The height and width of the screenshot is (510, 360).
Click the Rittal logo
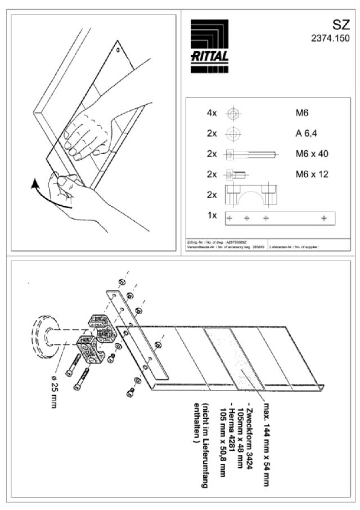click(209, 46)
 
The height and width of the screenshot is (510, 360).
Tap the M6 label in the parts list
click(302, 113)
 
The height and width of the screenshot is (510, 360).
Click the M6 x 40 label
click(312, 154)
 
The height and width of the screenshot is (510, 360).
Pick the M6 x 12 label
click(312, 174)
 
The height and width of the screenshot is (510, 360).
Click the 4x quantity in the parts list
click(211, 113)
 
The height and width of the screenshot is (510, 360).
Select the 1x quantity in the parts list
click(211, 215)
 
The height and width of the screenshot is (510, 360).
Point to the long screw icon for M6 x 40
click(251, 154)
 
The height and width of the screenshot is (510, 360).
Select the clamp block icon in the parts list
click(251, 195)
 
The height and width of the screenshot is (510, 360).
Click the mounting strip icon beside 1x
click(280, 217)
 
